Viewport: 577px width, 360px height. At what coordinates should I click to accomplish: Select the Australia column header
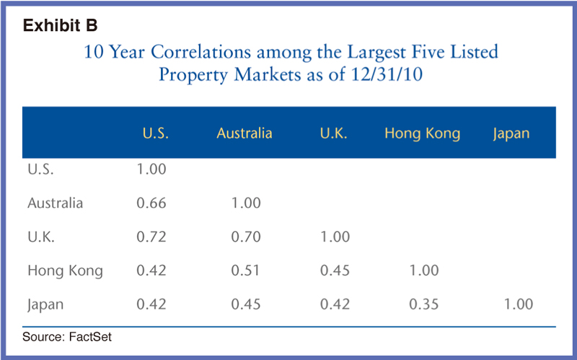click(244, 133)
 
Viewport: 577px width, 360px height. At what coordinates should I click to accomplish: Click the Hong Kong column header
click(422, 133)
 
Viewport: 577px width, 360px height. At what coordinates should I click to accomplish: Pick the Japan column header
click(511, 133)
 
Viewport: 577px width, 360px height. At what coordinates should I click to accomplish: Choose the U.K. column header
click(334, 133)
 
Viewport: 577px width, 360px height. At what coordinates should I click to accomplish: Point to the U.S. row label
click(41, 170)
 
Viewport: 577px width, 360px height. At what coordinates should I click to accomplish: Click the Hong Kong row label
click(65, 271)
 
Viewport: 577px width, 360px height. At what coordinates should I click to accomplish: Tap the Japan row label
click(45, 304)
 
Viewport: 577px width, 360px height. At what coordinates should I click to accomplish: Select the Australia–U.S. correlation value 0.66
click(151, 203)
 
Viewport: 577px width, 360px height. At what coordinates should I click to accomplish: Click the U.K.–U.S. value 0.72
click(151, 237)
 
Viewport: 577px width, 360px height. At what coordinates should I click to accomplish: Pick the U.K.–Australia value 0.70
click(245, 237)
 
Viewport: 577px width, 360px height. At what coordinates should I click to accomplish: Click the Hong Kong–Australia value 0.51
click(245, 271)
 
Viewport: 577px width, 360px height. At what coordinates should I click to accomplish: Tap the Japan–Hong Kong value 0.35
click(423, 304)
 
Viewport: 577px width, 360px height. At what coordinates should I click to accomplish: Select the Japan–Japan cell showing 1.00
click(518, 304)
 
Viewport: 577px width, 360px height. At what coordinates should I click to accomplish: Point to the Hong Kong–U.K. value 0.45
click(335, 271)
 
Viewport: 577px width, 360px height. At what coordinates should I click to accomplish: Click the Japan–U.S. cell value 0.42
click(151, 304)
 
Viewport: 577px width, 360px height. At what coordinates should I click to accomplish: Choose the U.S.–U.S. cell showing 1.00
click(151, 170)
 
